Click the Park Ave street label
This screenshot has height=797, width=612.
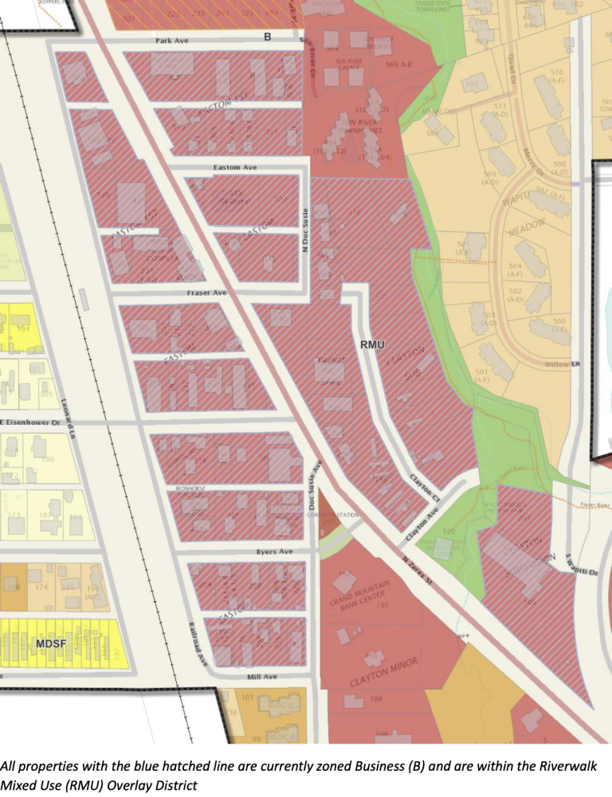(x=171, y=41)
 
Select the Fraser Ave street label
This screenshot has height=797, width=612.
(x=207, y=293)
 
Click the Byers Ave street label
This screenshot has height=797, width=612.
(x=274, y=552)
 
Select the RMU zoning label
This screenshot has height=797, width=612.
(x=372, y=344)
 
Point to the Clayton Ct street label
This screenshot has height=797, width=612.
(x=425, y=488)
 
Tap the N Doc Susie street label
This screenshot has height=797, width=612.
(x=304, y=230)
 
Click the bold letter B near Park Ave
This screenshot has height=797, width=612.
(x=268, y=37)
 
